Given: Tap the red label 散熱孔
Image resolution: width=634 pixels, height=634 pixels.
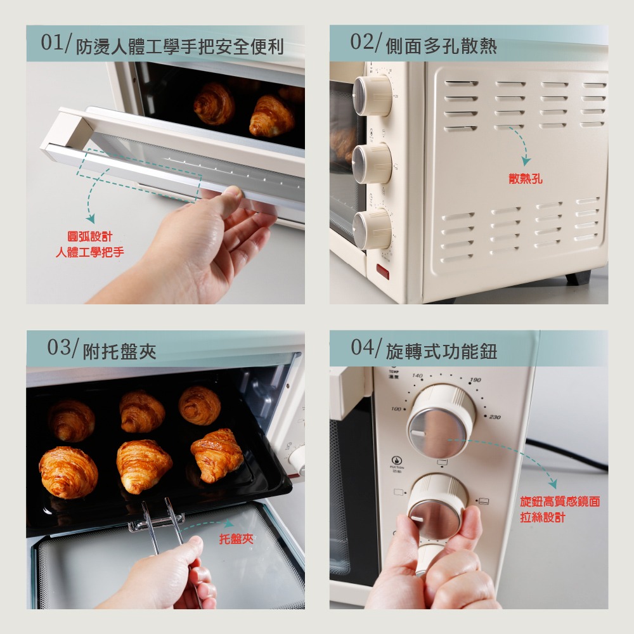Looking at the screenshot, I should [x=526, y=179].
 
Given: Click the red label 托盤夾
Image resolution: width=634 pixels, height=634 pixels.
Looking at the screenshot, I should [x=236, y=539].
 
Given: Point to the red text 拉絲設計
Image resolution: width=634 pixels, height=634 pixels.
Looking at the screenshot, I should [x=542, y=517].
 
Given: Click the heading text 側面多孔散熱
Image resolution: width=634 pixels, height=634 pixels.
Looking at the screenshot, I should [x=441, y=46].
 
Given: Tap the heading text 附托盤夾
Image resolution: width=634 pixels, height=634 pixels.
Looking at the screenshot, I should [x=120, y=351].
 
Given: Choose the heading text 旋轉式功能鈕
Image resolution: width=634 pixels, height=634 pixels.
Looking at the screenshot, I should [x=441, y=351].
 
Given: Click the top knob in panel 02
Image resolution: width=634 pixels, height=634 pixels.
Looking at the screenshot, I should [x=372, y=96].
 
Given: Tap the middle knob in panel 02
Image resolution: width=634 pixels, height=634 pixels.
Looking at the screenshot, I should [x=372, y=163].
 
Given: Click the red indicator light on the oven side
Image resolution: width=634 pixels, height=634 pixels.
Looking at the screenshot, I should [x=383, y=270].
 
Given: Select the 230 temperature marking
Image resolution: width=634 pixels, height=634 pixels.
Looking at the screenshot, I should [x=495, y=417].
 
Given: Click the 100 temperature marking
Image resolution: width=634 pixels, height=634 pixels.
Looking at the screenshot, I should [x=396, y=409].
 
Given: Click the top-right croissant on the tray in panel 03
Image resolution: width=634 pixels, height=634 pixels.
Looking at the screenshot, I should [x=199, y=405].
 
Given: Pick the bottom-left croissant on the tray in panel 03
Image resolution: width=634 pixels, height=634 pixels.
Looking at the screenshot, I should [x=68, y=472].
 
